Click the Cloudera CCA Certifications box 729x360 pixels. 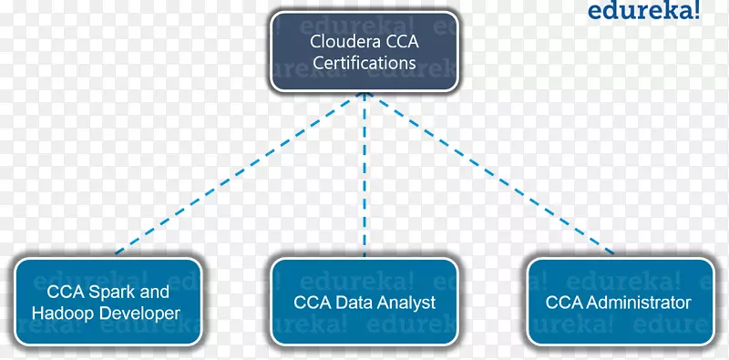pyautogui.click(x=364, y=52)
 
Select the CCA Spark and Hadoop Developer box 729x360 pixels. pyautogui.click(x=108, y=303)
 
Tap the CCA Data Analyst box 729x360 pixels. pyautogui.click(x=364, y=303)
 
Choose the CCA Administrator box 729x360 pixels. pyautogui.click(x=619, y=303)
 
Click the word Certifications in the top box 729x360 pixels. pyautogui.click(x=364, y=63)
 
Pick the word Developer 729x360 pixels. pyautogui.click(x=141, y=314)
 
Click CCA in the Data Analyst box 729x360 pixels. pyautogui.click(x=311, y=303)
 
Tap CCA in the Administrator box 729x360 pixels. pyautogui.click(x=562, y=303)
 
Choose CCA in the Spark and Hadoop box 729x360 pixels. pyautogui.click(x=65, y=293)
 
